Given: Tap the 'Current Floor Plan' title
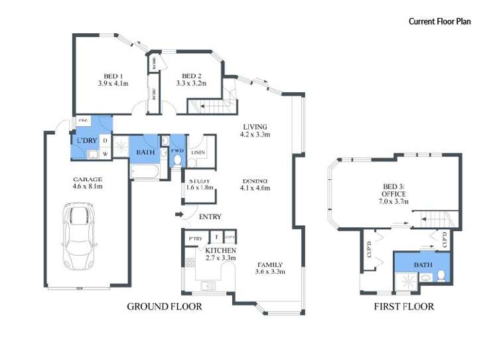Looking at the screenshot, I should point(439,21).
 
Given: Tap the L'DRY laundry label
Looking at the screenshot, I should point(87,141).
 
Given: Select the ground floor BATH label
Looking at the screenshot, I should point(145,153).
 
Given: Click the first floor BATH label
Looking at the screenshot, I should point(422,265).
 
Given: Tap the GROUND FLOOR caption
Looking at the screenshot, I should point(164,306).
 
